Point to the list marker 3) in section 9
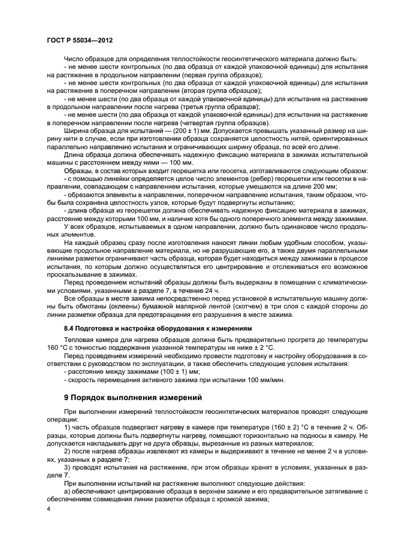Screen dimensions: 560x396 (68, 465)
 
